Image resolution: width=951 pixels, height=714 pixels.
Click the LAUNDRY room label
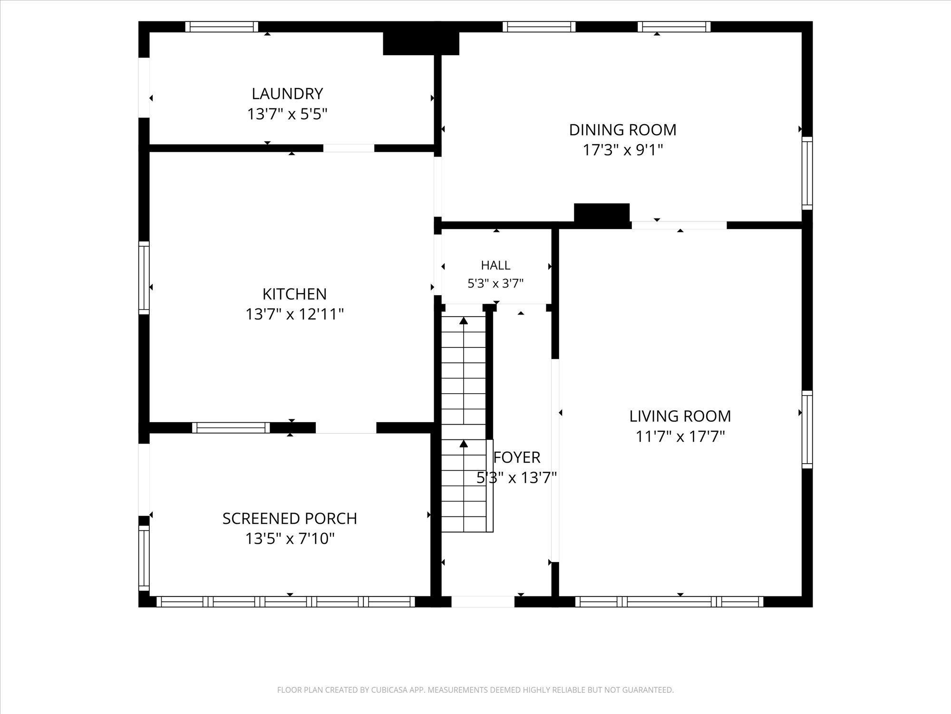tap(287, 93)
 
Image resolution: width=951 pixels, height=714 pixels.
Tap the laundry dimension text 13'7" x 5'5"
tap(287, 114)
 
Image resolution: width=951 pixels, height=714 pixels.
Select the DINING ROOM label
tap(622, 129)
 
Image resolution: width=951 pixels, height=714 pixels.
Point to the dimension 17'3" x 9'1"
tap(622, 150)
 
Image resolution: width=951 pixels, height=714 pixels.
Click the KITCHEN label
tap(294, 294)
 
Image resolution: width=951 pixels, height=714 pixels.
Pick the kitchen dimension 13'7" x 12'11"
tap(294, 314)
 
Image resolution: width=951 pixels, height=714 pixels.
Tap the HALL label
tap(495, 265)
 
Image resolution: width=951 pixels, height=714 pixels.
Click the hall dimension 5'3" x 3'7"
tap(495, 284)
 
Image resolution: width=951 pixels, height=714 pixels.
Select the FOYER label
tap(517, 457)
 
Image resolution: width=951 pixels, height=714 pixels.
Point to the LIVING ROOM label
tap(680, 416)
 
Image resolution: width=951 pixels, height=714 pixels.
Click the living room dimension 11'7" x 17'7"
tap(680, 436)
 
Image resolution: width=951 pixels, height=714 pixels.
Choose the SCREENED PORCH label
tap(290, 518)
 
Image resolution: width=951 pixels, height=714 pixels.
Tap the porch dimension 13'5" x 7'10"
tap(290, 539)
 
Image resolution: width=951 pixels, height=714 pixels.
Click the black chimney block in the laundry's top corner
tap(421, 43)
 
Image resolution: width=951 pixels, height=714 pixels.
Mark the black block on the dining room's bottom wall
tap(602, 213)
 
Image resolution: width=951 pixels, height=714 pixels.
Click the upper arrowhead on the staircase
tap(464, 320)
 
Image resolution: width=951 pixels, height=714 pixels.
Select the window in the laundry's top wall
tap(222, 27)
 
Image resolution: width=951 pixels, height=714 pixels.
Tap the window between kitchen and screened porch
tap(231, 427)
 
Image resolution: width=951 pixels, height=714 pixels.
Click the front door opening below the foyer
tap(483, 602)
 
